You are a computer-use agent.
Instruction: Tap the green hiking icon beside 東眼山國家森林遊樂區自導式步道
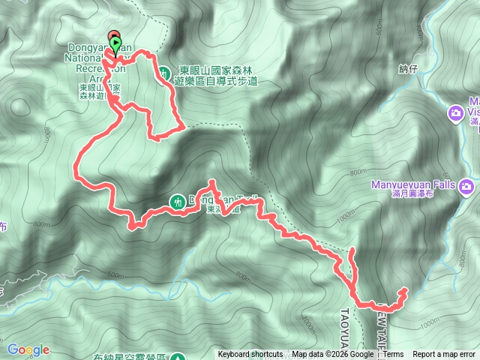point(163,73)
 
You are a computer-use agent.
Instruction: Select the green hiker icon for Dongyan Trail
point(178,201)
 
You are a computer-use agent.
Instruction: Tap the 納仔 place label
point(408,69)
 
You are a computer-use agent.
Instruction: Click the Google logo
point(28,349)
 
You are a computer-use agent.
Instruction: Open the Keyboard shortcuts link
point(250,355)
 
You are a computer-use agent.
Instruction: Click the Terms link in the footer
point(393,355)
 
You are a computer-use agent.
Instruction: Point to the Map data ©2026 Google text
point(333,355)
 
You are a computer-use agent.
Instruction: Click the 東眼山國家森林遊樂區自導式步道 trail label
point(217,76)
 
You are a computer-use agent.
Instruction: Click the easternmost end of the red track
point(405,289)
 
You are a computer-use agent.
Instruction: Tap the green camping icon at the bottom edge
point(178,358)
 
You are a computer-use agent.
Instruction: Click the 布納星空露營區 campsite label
point(129,358)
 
